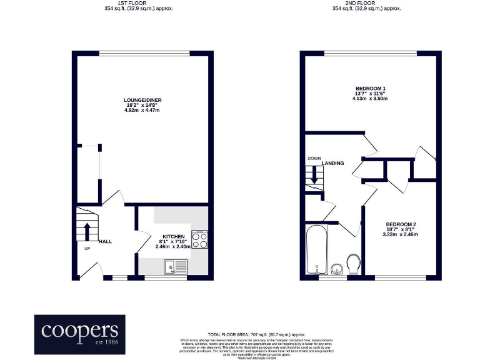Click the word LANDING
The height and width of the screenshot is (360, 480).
point(333,163)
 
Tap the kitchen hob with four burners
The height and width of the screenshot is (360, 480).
point(199,241)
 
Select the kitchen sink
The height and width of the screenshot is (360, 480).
point(171,267)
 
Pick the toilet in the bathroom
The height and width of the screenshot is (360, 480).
point(353,263)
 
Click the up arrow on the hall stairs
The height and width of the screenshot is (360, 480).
point(87,228)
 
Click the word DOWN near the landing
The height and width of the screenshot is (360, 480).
point(314,159)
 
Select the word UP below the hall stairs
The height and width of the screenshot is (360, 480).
point(87,249)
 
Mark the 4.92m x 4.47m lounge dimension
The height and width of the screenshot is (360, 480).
point(143,110)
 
